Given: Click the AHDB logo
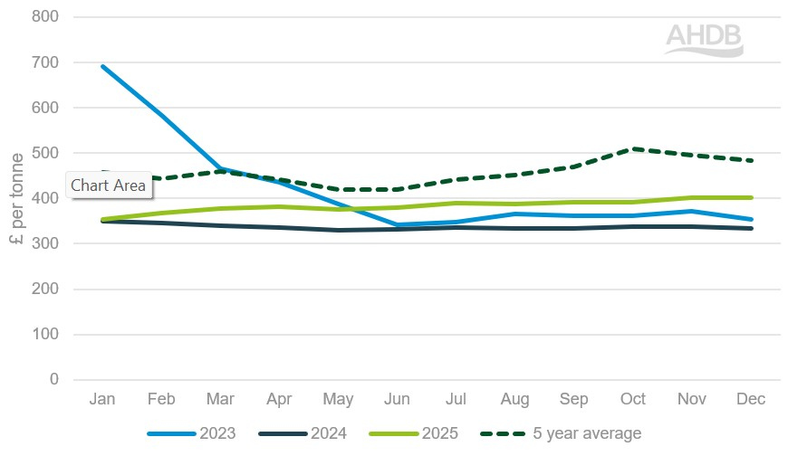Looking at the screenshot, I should pos(704,40).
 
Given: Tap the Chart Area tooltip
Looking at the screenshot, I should pos(108,185).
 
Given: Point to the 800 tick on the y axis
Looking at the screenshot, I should pos(46,17).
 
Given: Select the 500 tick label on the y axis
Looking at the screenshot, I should pos(46,153).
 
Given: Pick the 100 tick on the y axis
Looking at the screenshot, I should pos(46,334).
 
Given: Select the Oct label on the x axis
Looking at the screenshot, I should pos(634,399).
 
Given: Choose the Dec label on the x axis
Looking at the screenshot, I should pos(751,399).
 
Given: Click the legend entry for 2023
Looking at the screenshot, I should pos(191,433).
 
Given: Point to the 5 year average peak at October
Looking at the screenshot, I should pos(634,148).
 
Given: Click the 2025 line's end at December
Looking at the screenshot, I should pos(751,197).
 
